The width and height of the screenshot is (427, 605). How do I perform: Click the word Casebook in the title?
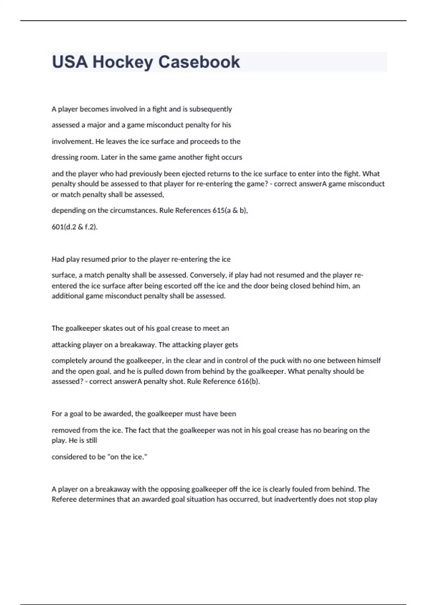pos(199,62)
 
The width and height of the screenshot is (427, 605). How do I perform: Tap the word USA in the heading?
pos(70,62)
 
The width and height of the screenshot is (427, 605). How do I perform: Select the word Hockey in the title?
pos(123,62)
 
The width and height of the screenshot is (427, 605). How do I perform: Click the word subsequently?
pos(210,109)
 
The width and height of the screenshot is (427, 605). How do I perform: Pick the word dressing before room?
pos(64,157)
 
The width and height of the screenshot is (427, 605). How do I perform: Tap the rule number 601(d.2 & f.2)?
pos(74,227)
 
